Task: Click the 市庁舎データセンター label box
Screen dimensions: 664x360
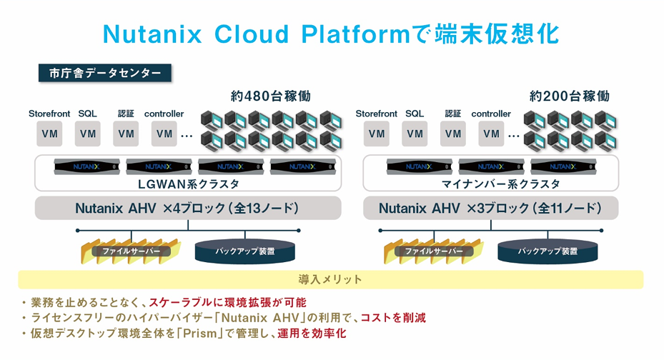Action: coord(104,73)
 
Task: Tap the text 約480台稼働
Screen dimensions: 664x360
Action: coord(271,96)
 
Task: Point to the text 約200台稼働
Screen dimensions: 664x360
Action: coord(569,96)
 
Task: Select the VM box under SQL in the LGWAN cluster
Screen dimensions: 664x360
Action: coord(88,134)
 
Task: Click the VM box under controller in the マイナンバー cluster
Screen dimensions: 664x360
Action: coord(491,134)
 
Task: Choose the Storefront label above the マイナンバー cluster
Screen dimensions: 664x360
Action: coord(376,114)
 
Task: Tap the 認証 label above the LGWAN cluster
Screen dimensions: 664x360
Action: coord(126,114)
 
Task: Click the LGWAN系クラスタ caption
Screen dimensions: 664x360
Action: coord(189,184)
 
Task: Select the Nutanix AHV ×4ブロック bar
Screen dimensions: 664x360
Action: coord(188,208)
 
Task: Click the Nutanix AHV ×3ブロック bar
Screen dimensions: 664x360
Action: coord(491,208)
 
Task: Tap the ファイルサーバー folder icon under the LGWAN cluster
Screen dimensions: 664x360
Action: coord(131,251)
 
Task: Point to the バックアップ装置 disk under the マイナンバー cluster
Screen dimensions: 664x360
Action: coord(547,251)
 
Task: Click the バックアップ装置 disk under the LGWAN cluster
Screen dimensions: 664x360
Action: coord(244,251)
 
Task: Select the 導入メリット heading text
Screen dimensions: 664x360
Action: coord(330,279)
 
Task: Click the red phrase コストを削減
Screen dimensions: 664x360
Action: coord(393,318)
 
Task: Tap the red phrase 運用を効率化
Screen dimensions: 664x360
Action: coord(312,334)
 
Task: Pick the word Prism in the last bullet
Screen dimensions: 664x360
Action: coord(199,334)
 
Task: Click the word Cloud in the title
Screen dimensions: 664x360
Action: coord(252,34)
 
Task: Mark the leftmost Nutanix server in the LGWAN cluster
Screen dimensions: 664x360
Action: coord(86,166)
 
